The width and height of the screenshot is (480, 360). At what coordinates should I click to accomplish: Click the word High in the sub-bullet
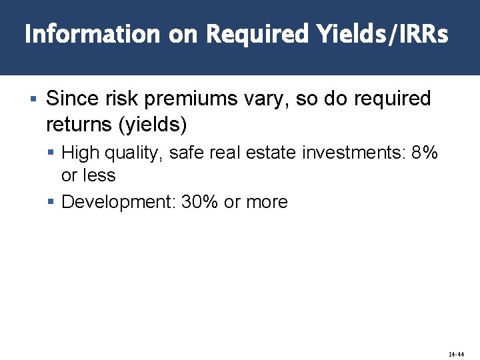tap(79, 153)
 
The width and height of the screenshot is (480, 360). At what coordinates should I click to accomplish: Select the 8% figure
tap(425, 153)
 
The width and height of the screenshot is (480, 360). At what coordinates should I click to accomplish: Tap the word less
tap(99, 175)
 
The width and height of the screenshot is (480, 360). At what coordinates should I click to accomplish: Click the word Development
tap(118, 202)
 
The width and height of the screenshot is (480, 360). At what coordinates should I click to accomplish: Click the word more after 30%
tap(266, 202)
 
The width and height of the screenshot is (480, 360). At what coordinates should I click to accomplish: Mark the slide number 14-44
tap(456, 355)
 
